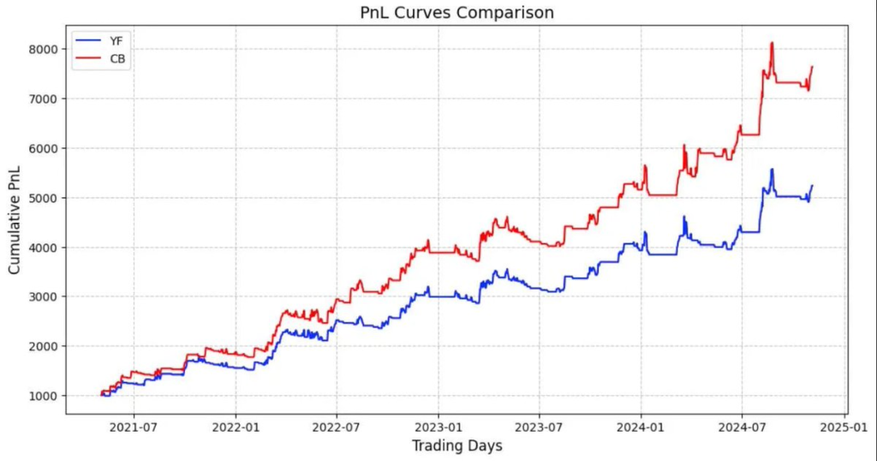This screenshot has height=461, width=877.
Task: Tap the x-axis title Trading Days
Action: click(456, 446)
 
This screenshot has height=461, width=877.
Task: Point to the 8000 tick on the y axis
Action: click(42, 50)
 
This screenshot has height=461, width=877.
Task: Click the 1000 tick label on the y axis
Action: click(42, 396)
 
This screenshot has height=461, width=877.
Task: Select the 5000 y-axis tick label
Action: click(42, 198)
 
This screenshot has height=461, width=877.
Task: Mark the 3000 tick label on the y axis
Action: click(42, 297)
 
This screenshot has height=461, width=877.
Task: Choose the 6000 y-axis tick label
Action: click(42, 148)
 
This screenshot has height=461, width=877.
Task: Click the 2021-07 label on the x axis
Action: click(134, 426)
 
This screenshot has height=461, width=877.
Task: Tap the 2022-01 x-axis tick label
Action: click(236, 426)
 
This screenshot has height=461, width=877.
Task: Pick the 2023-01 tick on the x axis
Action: click(438, 426)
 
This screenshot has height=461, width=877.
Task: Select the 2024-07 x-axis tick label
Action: click(743, 426)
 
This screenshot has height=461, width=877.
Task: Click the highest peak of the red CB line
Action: click(772, 43)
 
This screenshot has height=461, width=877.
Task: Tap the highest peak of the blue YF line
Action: click(772, 170)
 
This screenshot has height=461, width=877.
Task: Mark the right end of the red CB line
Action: click(812, 67)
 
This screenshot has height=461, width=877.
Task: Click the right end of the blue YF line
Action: click(812, 186)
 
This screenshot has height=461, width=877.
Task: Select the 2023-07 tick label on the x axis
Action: click(540, 426)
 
